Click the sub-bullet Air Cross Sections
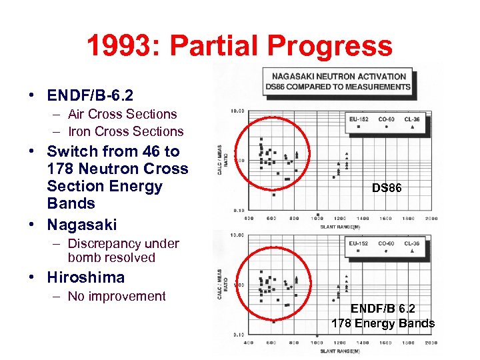tap(122, 114)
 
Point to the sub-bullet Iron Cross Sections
tap(125, 131)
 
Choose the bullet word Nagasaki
tap(82, 224)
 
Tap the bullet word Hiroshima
tap(86, 277)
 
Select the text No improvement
tap(117, 296)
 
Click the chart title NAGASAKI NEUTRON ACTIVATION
tap(339, 76)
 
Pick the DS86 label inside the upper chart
tap(387, 189)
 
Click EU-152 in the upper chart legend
tap(359, 119)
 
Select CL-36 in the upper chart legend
tap(411, 119)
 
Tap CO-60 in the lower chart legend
tap(385, 243)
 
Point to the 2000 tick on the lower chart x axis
tap(431, 343)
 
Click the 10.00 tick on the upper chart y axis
tap(237, 111)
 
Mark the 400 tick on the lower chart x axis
tap(249, 343)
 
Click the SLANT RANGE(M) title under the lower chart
tap(339, 351)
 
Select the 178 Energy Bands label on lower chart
tap(383, 323)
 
